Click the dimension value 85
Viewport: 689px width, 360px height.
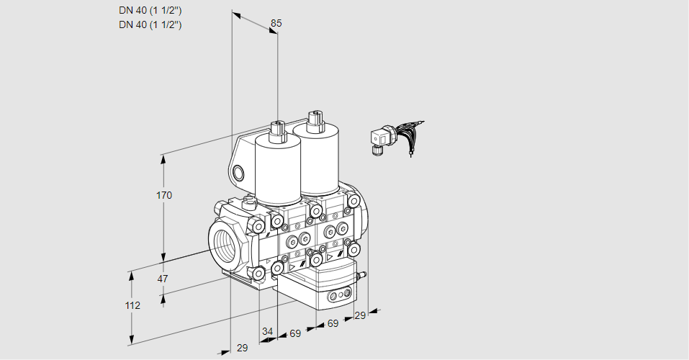(276, 23)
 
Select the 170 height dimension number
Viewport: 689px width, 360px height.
(164, 195)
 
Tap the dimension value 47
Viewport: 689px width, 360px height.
(163, 279)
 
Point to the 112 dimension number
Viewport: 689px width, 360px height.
(132, 305)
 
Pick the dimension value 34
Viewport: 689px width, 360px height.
(267, 331)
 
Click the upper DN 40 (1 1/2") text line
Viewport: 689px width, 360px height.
(150, 11)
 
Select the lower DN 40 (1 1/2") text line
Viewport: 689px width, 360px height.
(150, 24)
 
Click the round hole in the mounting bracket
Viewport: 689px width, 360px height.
(238, 173)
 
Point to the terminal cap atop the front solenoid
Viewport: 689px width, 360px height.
(277, 130)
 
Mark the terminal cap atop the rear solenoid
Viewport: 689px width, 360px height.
(315, 120)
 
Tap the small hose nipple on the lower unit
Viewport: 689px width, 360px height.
(362, 276)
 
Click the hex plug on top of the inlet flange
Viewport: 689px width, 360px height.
(249, 202)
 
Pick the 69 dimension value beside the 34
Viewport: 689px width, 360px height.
(295, 333)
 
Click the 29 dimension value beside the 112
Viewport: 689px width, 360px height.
(242, 348)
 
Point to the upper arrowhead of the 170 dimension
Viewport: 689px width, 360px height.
(164, 159)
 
